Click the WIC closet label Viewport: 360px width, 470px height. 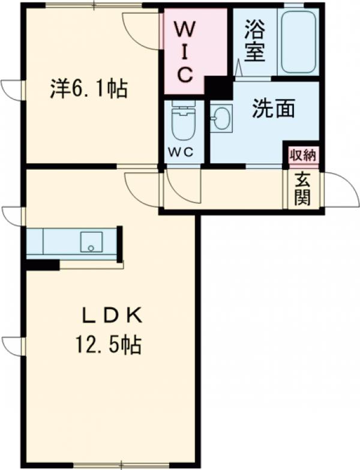pyautogui.click(x=184, y=50)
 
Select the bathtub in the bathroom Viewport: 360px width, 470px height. pyautogui.click(x=298, y=42)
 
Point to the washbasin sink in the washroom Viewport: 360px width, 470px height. pyautogui.click(x=221, y=118)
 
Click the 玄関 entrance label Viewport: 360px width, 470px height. pyautogui.click(x=303, y=189)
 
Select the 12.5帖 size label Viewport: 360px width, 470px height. pyautogui.click(x=108, y=345)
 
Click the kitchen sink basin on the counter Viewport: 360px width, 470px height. pyautogui.click(x=91, y=241)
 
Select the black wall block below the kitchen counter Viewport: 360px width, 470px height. pyautogui.click(x=42, y=265)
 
